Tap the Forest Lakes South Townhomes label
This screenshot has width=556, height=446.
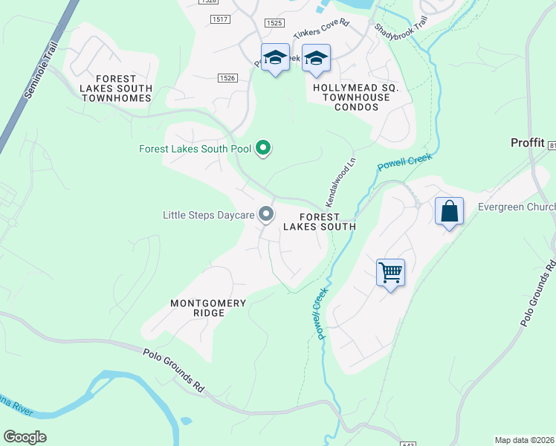[x=116, y=88]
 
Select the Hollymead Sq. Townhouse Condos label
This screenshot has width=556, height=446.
[x=356, y=97]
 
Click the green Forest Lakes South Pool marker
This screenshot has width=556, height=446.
[x=262, y=149]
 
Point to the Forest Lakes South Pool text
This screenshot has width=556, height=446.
[x=195, y=149]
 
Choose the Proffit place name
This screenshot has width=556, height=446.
[x=528, y=142]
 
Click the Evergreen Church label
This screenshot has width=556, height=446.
[x=517, y=207]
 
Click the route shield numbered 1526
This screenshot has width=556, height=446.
[x=227, y=77]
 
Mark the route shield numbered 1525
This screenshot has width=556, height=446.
[x=274, y=23]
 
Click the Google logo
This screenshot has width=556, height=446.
[x=25, y=437]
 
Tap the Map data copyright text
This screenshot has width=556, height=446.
[x=524, y=440]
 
